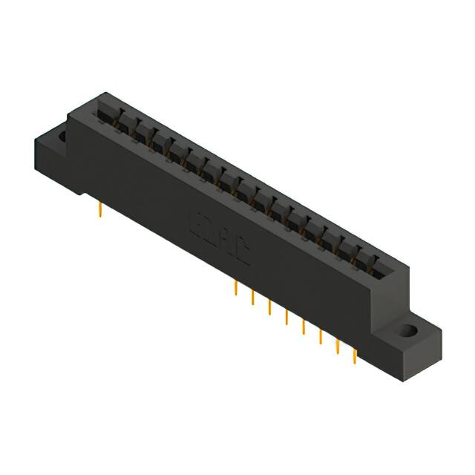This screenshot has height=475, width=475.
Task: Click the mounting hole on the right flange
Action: point(407,330)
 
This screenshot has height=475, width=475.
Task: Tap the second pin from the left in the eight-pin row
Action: point(252,298)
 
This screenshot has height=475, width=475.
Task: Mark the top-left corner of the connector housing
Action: point(69,111)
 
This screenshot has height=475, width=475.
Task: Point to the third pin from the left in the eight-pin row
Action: point(269,307)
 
